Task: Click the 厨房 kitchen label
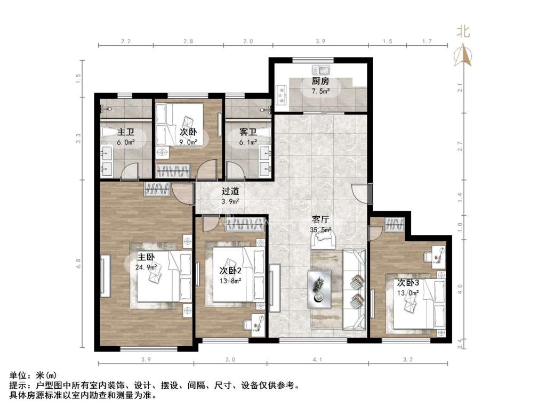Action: tap(320, 81)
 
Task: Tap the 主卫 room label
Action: tap(126, 132)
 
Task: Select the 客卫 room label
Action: tap(248, 132)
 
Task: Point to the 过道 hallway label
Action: tap(230, 191)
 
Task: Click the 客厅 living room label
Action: tap(320, 219)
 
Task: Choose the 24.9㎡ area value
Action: tap(146, 267)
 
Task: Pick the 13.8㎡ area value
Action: tap(230, 281)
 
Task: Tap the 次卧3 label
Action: tap(408, 282)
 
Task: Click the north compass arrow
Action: tap(463, 55)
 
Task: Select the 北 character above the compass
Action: tap(463, 32)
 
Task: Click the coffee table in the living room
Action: tap(320, 289)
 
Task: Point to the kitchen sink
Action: tap(320, 70)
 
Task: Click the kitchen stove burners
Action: tap(280, 95)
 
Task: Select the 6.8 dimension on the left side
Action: tap(79, 263)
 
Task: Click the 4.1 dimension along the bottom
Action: tap(317, 359)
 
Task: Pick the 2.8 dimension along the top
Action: tap(188, 42)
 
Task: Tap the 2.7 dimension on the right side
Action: tap(460, 146)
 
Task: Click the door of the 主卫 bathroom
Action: tap(130, 171)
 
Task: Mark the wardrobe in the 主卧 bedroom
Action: tap(157, 190)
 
